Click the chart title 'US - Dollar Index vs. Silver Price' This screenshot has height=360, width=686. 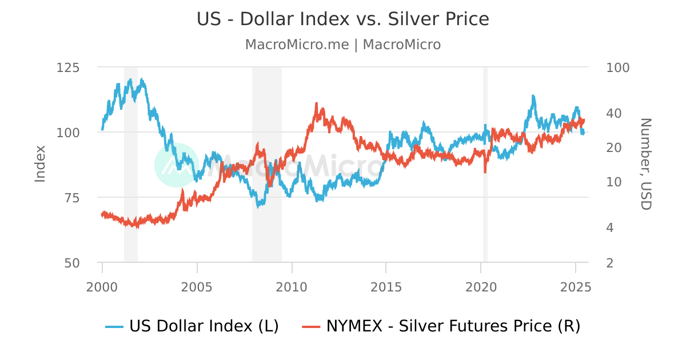343,19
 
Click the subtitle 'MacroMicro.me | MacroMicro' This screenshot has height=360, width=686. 343,45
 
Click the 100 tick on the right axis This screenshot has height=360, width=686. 617,67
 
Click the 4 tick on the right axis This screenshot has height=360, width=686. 610,228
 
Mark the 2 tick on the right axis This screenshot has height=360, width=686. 610,263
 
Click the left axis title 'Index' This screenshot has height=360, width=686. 40,165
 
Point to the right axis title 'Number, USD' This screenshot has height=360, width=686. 645,165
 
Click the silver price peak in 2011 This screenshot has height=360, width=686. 316,104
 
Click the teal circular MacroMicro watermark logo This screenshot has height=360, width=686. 177,165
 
